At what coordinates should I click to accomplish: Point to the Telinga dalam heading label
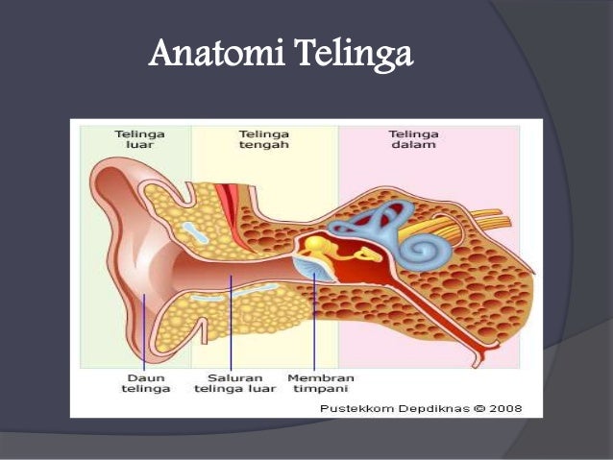(413, 139)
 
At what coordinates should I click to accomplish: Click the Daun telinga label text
(145, 383)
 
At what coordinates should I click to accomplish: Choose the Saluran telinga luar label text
(234, 383)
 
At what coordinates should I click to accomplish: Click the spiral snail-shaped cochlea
(419, 247)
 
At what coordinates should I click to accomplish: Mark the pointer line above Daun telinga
(145, 331)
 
